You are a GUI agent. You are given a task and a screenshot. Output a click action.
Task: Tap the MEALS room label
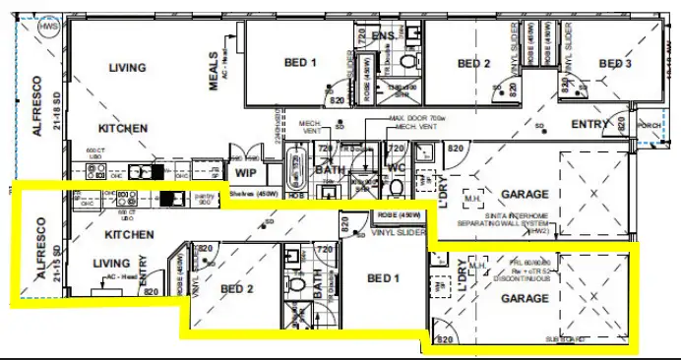tap(216, 70)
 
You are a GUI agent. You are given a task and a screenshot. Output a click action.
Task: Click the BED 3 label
tap(615, 64)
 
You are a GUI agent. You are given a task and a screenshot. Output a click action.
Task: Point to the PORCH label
tap(650, 126)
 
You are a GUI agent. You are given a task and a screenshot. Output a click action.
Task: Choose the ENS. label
tap(385, 36)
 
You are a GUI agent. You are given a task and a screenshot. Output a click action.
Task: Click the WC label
tap(396, 167)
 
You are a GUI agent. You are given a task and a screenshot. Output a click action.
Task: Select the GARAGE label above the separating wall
tap(524, 194)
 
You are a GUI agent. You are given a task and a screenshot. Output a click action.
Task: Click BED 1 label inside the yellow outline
tap(384, 278)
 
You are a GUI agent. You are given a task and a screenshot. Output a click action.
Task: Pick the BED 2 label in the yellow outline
tap(237, 289)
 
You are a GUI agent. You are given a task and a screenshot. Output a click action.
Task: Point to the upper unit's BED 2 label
tap(473, 64)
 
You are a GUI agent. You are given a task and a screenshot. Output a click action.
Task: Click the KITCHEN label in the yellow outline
tap(130, 235)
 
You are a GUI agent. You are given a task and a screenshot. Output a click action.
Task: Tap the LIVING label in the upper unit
tap(127, 69)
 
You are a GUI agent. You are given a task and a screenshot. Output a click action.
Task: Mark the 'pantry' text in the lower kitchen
tap(205, 196)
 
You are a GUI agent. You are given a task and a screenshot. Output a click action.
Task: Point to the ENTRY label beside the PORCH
tap(591, 124)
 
